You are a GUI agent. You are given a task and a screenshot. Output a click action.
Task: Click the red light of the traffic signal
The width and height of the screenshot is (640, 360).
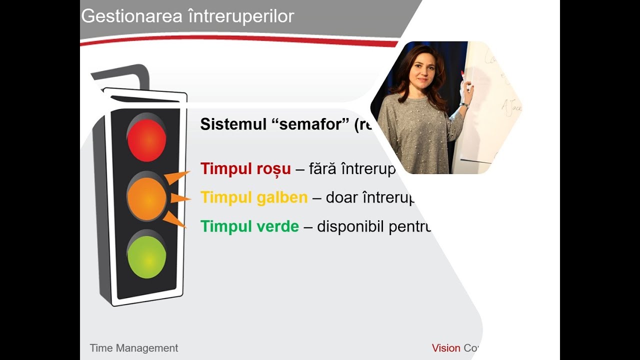(146, 139)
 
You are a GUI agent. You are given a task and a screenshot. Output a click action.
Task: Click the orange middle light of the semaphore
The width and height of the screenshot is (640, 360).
(146, 198)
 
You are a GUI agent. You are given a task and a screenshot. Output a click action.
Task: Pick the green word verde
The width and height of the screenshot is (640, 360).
(277, 226)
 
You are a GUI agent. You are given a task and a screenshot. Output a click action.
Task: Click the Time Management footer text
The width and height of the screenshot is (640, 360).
(133, 348)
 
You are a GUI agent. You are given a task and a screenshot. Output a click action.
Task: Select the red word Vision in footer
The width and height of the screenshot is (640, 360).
(446, 348)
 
